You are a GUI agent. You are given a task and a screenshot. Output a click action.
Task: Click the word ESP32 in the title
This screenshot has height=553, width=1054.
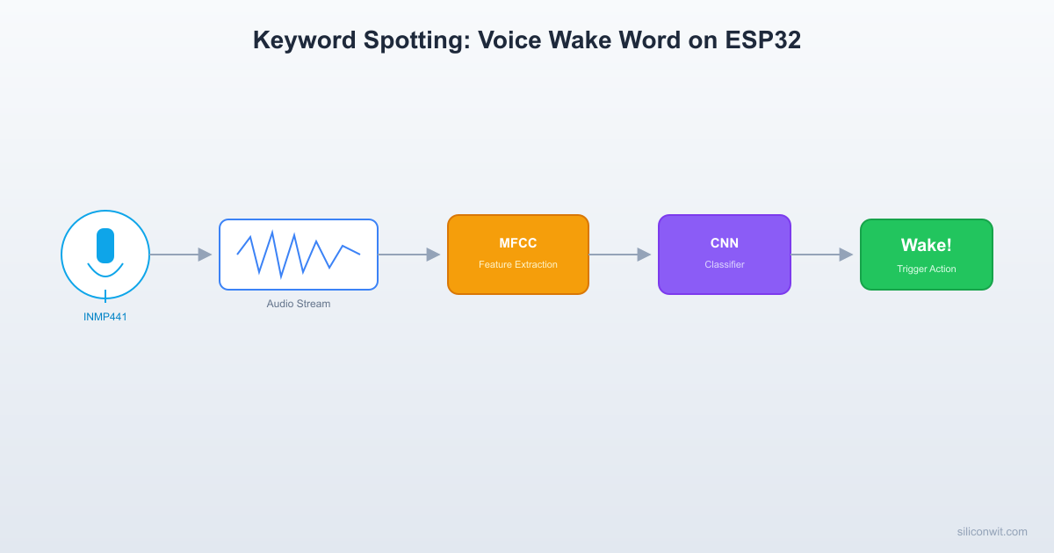click(762, 40)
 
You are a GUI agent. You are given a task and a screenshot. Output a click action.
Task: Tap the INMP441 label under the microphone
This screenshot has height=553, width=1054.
click(105, 317)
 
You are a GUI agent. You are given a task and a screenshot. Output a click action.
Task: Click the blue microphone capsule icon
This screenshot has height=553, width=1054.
click(105, 246)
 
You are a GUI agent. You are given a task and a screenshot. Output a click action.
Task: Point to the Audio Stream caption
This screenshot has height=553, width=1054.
click(299, 304)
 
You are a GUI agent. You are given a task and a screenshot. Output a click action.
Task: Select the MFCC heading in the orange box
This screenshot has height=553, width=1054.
click(518, 243)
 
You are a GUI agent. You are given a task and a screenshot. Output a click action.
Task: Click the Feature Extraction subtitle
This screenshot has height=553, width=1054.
click(518, 264)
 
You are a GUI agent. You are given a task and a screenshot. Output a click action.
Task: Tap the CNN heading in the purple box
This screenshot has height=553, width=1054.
click(725, 243)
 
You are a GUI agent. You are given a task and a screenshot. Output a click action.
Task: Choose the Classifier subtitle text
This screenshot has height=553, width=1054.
click(725, 264)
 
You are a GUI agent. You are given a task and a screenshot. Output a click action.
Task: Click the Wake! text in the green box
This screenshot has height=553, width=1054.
click(927, 245)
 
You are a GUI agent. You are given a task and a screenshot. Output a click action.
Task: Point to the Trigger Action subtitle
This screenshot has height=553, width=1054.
click(927, 269)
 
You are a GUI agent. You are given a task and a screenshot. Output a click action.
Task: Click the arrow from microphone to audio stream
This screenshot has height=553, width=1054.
click(181, 255)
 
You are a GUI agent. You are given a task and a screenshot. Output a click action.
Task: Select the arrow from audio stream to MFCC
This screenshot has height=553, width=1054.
click(409, 255)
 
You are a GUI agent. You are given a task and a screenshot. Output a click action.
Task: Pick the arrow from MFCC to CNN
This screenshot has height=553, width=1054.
click(620, 255)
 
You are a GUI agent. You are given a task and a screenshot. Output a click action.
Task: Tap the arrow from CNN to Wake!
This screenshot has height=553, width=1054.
click(822, 255)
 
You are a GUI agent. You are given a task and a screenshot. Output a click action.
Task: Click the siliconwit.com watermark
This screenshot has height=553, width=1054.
click(992, 531)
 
